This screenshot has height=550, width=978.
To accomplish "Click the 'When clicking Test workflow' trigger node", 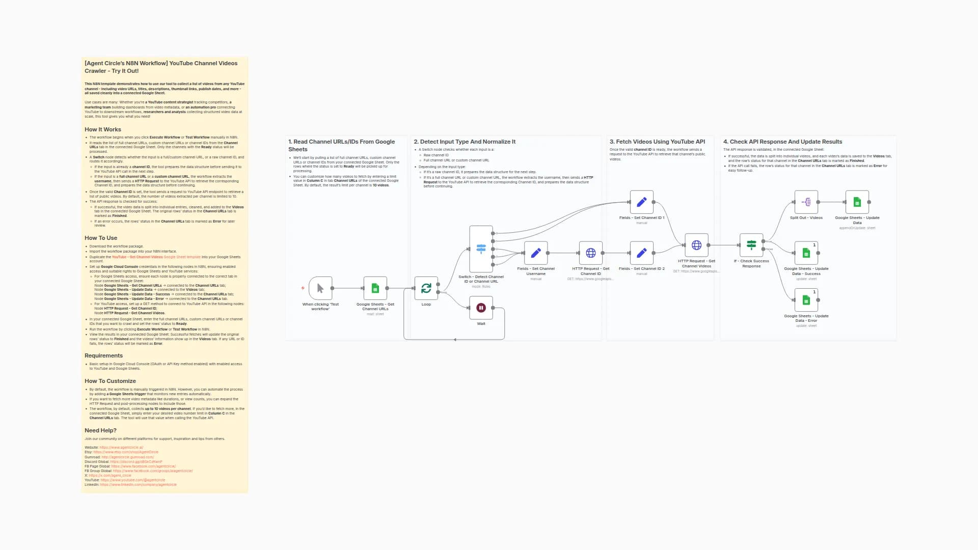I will click(x=320, y=288).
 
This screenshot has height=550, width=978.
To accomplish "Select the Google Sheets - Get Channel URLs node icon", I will click(x=375, y=288).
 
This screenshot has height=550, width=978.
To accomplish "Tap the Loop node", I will click(x=426, y=288).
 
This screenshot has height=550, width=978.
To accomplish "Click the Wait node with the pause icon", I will click(x=481, y=308).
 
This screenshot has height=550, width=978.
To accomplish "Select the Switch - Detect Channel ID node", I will click(x=481, y=249).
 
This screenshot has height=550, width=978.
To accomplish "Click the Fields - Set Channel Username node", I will click(x=536, y=253).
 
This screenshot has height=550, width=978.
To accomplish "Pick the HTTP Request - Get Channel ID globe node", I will click(x=591, y=253).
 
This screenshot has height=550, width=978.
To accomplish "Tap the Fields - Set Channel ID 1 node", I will click(x=642, y=202).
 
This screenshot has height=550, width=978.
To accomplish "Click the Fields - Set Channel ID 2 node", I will click(x=642, y=253).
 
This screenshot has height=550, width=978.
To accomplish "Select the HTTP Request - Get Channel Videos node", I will click(x=696, y=245).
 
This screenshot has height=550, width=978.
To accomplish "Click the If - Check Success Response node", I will click(x=751, y=245).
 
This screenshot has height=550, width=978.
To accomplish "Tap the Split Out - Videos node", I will click(x=806, y=202).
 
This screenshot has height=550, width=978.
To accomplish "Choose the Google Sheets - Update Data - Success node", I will click(x=806, y=253).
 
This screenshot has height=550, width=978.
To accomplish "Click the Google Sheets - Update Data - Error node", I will click(x=806, y=300).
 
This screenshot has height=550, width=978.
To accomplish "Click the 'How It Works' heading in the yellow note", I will click(x=103, y=129).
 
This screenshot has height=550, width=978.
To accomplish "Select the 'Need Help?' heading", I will click(x=100, y=430).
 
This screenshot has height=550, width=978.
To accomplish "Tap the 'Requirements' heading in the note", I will click(x=103, y=355).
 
